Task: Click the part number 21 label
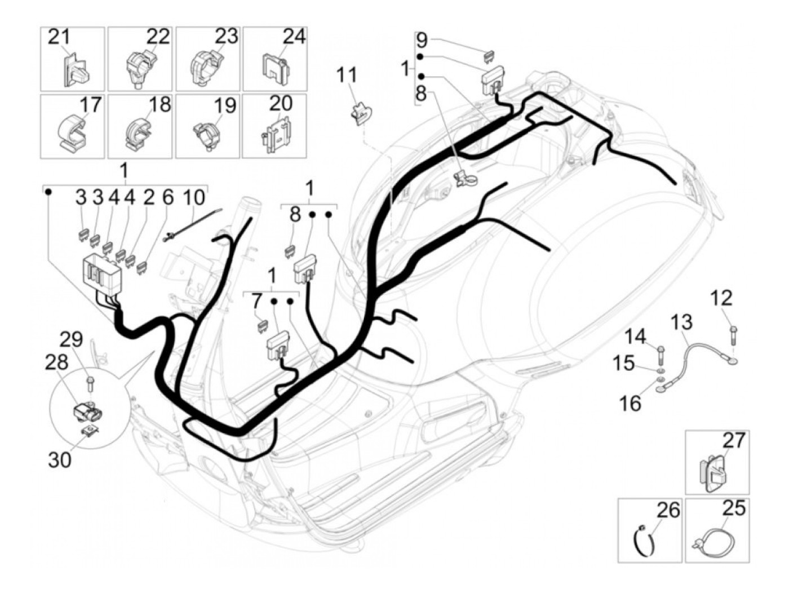click(59, 37)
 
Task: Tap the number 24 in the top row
click(294, 37)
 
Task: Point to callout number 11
click(347, 75)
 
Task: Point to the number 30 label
click(59, 459)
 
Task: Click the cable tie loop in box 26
click(644, 539)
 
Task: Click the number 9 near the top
click(422, 40)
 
